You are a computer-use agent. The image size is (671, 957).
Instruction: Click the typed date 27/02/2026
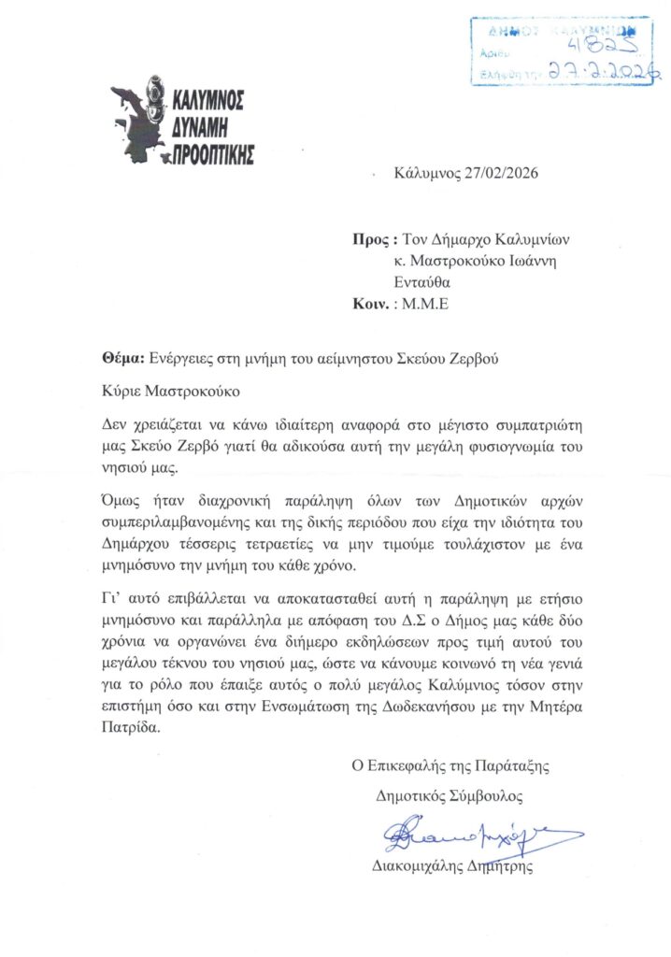[x=503, y=174]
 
